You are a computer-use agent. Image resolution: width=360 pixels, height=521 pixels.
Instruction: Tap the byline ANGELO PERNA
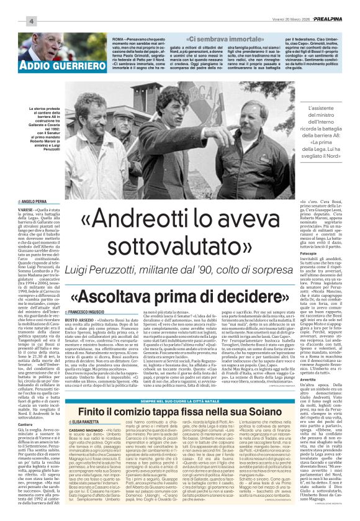tap(37, 202)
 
